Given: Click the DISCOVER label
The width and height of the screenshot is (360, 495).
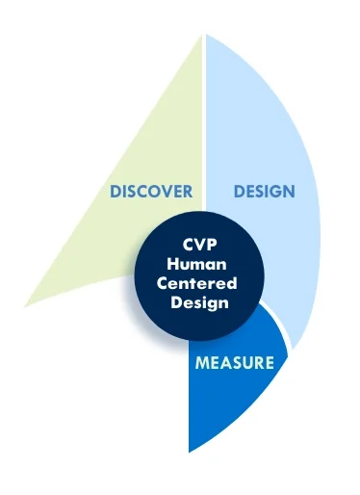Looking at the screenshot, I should click(151, 191).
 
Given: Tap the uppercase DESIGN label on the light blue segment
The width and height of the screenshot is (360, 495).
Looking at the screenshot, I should click(264, 191).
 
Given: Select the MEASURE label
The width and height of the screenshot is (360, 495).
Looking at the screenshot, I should click(234, 363).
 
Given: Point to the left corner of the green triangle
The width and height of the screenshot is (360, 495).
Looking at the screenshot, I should click(26, 305).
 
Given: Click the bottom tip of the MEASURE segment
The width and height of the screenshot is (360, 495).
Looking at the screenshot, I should click(190, 450).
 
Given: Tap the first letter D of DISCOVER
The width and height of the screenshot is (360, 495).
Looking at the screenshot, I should click(115, 191).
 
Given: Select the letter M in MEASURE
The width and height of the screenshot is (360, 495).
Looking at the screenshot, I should click(201, 363).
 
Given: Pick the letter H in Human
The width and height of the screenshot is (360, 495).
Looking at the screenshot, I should click(173, 264).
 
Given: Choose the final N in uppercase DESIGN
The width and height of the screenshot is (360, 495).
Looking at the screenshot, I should click(289, 191).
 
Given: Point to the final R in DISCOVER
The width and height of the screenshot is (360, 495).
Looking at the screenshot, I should click(189, 191).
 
